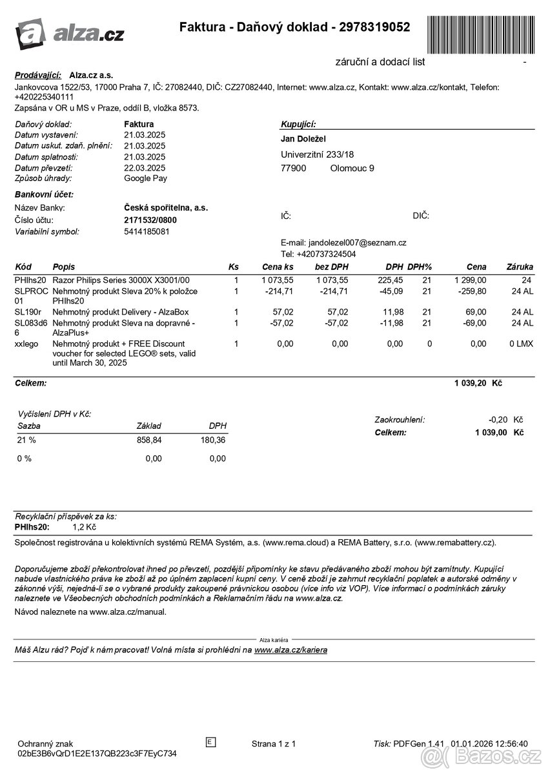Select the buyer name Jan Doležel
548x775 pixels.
pos(303,139)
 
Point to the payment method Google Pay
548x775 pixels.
pos(145,178)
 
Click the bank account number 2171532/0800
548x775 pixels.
pos(150,220)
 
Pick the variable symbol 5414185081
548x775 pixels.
pos(147,231)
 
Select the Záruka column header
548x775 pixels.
pos(520,267)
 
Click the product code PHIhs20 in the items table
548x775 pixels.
pos(30,280)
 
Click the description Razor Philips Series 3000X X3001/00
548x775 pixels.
pos(121,280)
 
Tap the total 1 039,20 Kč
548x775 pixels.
pos(478,383)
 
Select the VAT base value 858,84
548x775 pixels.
pos(149,440)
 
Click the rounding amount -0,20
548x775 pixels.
pos(498,420)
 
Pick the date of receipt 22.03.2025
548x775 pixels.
pos(145,167)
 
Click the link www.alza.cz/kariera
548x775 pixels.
pos(290,650)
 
